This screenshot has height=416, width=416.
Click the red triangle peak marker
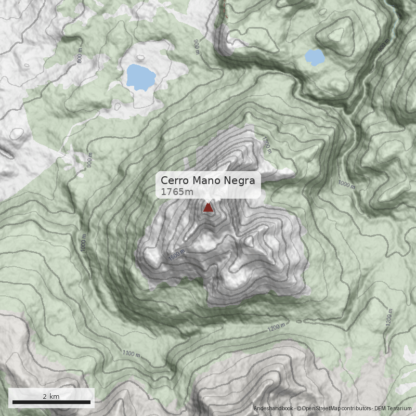[x=208, y=207]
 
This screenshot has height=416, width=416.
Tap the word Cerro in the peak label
[x=175, y=180]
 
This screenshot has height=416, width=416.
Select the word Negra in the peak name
[x=240, y=180]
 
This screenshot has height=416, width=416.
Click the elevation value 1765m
[x=177, y=192]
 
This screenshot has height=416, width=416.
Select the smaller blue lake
[x=315, y=57]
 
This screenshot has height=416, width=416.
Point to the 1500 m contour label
[x=177, y=255]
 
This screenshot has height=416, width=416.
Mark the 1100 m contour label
[x=131, y=354]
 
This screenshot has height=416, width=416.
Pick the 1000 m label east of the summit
[x=346, y=185]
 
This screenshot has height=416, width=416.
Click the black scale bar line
[x=51, y=402]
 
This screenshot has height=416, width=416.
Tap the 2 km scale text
[x=51, y=396]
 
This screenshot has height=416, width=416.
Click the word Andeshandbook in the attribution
[x=273, y=409]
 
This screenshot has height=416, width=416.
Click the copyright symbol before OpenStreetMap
[x=299, y=409]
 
